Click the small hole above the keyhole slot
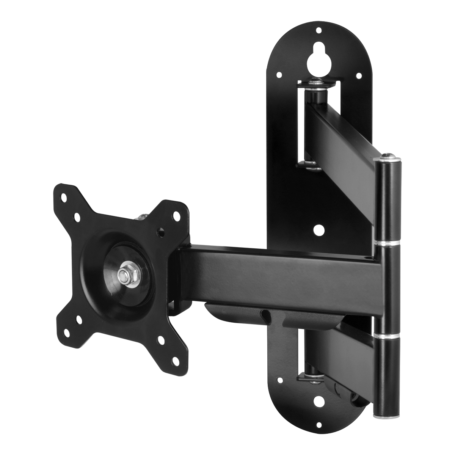click(318, 30)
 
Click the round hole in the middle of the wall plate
click(318, 229)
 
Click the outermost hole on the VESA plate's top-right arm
click(177, 215)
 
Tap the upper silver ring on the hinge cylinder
click(388, 242)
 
